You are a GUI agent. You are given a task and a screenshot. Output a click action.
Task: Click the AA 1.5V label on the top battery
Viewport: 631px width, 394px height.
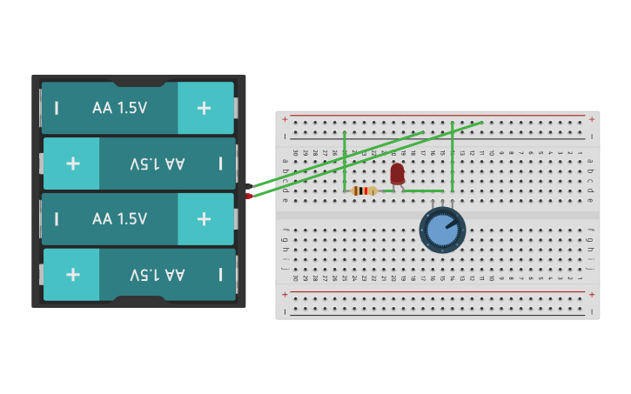(119, 108)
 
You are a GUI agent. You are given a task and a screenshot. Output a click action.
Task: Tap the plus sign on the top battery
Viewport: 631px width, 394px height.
(204, 108)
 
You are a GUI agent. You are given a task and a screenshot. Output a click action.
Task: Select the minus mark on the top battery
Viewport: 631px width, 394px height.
(57, 108)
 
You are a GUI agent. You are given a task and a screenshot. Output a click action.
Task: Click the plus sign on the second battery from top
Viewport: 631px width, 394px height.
(72, 164)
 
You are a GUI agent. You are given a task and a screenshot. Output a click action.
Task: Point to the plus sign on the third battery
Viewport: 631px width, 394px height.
(204, 219)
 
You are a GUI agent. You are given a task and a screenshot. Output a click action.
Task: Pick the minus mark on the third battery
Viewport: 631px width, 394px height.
(57, 219)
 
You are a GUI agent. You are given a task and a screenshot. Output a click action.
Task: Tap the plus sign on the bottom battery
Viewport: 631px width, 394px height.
(72, 275)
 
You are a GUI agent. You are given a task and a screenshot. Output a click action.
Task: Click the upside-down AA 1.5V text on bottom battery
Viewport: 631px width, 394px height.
(158, 275)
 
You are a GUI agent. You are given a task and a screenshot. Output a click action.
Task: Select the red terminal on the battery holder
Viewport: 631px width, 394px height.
(249, 196)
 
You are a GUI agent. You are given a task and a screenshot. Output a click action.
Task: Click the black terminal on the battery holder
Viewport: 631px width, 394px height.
(249, 186)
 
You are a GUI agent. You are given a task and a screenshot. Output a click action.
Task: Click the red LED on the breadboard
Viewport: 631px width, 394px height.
(397, 174)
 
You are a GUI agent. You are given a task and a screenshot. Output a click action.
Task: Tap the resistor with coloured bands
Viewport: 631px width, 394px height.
(365, 190)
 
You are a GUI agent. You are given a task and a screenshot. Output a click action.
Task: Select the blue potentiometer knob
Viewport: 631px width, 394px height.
(442, 231)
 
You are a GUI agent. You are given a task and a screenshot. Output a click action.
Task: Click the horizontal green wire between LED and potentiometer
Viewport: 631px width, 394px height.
(425, 190)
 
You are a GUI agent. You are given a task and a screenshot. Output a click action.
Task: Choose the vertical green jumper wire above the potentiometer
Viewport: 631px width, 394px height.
(453, 157)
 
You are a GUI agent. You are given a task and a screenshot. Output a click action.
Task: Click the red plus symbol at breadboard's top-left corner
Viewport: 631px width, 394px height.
(285, 118)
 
